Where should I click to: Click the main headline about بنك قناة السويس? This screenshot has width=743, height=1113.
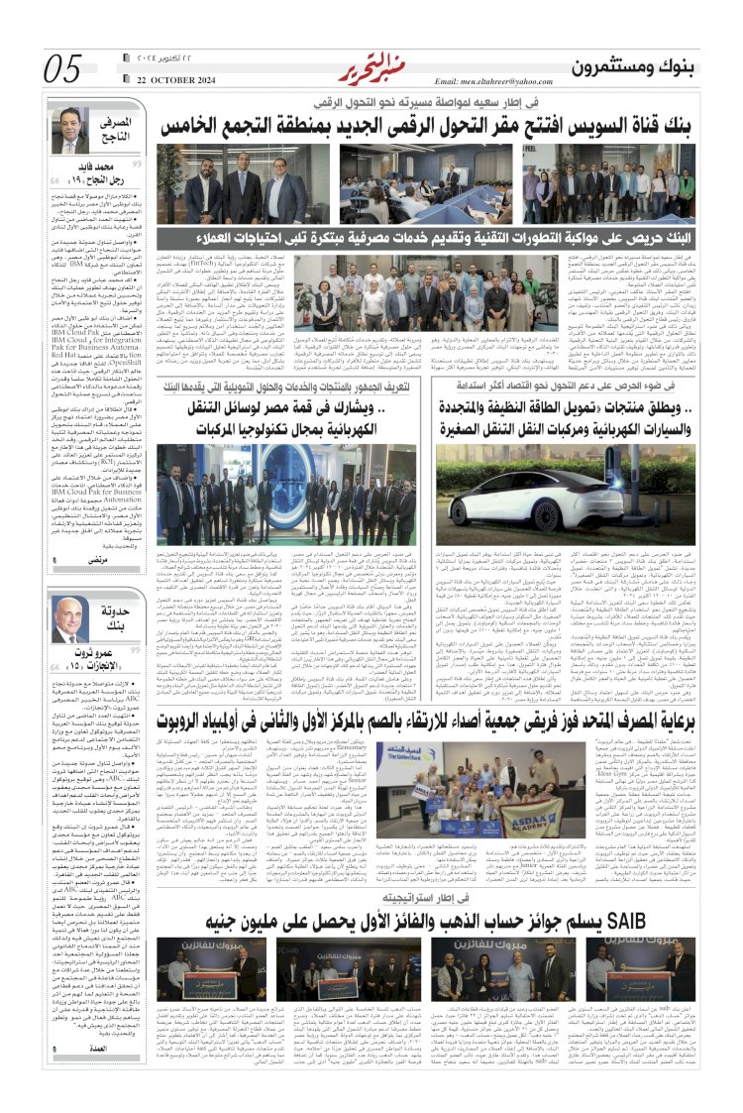tap(428, 126)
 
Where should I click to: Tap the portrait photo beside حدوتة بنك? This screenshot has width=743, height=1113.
tap(70, 618)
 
